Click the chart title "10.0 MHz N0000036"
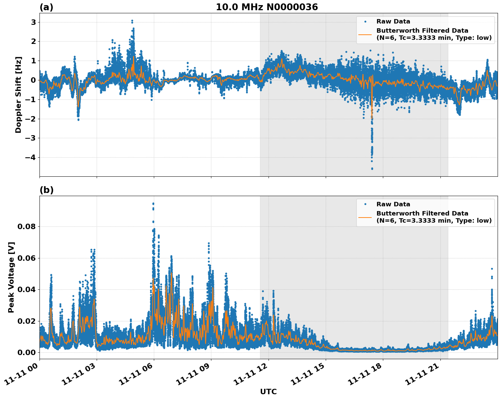[266, 7]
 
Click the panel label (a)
[46, 7]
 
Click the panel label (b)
[46, 190]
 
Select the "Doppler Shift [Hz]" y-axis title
[18, 95]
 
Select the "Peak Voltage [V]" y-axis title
[11, 277]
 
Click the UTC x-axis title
[268, 392]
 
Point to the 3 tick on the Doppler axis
[33, 22]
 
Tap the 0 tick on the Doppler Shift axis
[33, 80]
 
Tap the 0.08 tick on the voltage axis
[28, 226]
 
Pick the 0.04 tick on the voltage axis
[28, 289]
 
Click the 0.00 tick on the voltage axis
[28, 352]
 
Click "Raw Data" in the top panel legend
[393, 21]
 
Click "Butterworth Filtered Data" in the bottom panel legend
[422, 213]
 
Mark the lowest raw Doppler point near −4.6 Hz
[372, 169]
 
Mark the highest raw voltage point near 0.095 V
[153, 204]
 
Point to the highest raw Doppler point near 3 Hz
[132, 21]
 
